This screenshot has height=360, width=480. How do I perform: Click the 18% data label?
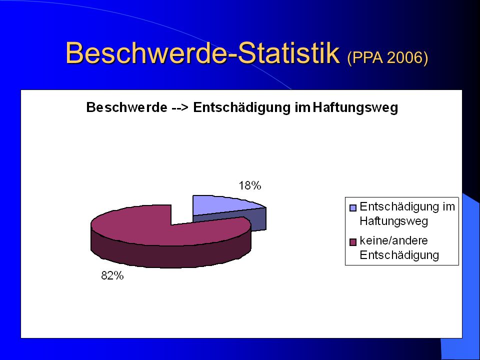(x=250, y=185)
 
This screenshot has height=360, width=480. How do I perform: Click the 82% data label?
(x=112, y=276)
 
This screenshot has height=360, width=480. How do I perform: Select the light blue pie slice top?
(x=223, y=205)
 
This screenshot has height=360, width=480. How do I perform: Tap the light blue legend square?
(x=353, y=208)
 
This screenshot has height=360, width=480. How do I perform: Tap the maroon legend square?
(x=353, y=242)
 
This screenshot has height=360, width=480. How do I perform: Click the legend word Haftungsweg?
(x=393, y=221)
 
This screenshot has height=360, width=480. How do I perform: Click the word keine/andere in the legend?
(x=393, y=240)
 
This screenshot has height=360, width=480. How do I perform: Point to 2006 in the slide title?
(x=407, y=57)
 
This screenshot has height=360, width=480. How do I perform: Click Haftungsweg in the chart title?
(x=355, y=108)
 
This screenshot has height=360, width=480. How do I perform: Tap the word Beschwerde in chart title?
(x=126, y=107)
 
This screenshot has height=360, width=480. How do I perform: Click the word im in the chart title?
(x=302, y=108)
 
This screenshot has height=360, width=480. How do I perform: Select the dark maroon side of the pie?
(x=171, y=252)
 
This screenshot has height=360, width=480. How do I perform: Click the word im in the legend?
(x=448, y=206)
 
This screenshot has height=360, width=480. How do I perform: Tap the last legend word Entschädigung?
(x=399, y=255)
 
